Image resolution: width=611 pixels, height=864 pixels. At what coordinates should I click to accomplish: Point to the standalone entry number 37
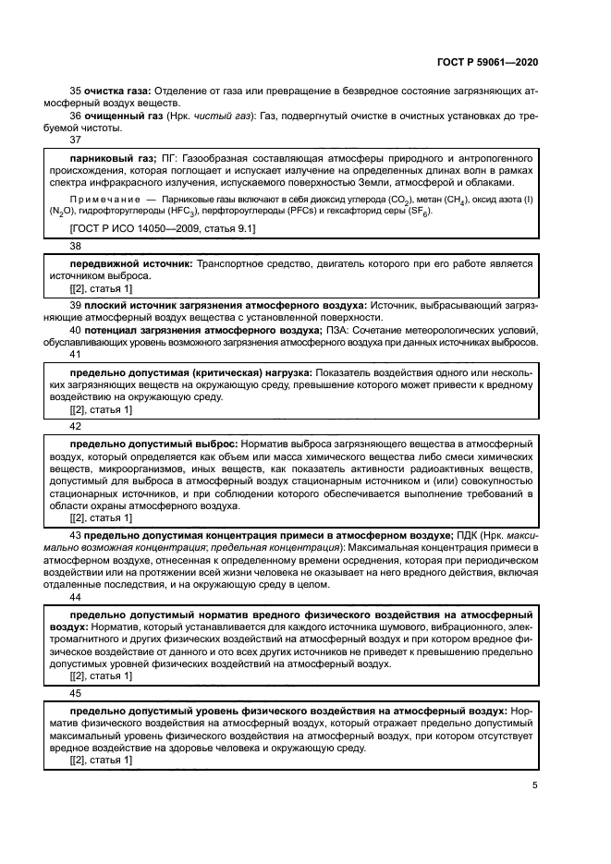(76, 140)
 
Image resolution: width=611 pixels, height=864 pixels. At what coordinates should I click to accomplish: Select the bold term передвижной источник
(131, 264)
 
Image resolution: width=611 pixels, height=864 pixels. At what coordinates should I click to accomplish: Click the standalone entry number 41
(76, 354)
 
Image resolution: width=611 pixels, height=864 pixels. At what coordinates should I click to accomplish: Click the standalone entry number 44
(76, 598)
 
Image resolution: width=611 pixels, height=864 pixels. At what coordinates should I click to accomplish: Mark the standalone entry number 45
(76, 693)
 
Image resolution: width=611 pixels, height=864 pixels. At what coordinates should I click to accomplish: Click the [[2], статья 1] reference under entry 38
(102, 289)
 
